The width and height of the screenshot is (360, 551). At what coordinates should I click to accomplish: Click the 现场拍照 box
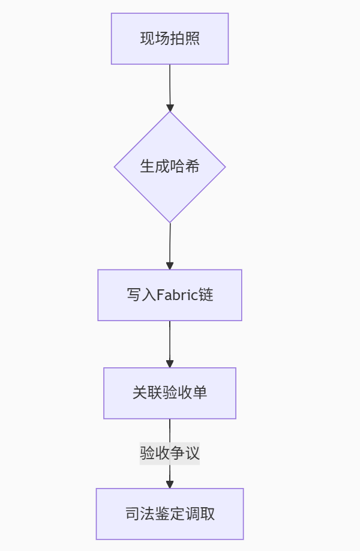170,38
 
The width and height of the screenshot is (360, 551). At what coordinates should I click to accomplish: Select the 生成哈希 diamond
170,167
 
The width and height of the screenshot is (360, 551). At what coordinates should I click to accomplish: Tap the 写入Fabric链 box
170,295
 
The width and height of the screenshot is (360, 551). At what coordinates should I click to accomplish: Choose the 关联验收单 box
170,393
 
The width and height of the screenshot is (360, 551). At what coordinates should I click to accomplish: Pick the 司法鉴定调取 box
170,514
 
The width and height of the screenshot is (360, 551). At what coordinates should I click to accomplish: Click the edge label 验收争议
170,453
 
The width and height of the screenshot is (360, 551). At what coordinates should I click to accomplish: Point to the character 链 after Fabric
207,295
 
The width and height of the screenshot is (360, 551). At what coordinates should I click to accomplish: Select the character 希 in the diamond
193,167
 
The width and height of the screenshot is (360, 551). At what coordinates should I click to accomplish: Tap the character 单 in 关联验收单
200,393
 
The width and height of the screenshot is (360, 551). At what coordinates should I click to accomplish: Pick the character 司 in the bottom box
133,514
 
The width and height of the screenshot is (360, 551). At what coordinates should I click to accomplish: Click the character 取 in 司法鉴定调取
208,514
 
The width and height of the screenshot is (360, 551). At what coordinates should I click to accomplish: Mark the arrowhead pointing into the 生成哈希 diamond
170,108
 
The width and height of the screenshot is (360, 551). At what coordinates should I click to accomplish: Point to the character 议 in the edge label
193,453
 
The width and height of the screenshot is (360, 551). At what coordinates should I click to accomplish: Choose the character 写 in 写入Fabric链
133,295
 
